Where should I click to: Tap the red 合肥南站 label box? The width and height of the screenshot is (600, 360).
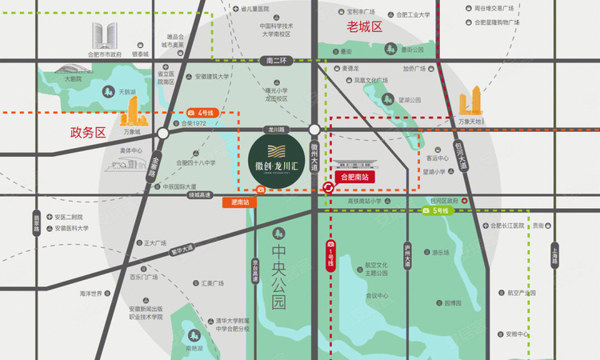[354, 176]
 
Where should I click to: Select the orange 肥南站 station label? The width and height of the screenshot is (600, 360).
[239, 203]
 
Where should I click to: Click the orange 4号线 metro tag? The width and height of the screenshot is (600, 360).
[201, 113]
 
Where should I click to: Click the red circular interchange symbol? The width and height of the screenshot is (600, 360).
[328, 188]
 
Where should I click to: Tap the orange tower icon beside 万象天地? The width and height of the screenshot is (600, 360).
[470, 104]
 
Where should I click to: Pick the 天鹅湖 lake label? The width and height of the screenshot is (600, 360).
[127, 92]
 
